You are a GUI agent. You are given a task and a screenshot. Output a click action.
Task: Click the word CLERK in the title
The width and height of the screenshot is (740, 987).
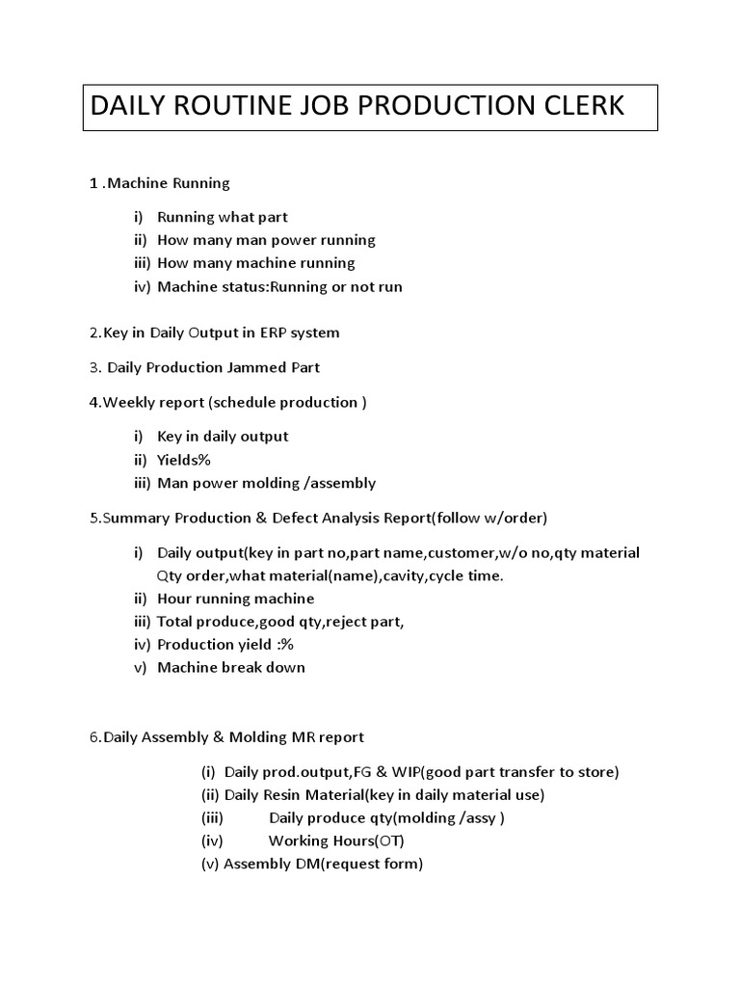578,106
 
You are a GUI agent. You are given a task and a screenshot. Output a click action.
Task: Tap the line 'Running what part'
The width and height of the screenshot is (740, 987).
222,217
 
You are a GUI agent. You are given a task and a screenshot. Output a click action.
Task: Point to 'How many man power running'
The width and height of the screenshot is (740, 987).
266,240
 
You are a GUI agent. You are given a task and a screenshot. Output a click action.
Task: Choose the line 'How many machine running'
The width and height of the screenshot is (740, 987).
255,263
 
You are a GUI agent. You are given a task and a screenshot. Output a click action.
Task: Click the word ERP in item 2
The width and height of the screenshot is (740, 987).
273,333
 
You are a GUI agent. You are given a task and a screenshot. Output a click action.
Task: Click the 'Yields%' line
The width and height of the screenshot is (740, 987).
183,460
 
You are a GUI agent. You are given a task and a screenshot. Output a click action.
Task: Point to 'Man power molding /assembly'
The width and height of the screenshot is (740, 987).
266,483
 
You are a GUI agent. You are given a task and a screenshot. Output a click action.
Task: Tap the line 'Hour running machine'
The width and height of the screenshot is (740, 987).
235,599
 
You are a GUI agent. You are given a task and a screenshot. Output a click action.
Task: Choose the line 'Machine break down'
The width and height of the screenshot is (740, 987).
230,668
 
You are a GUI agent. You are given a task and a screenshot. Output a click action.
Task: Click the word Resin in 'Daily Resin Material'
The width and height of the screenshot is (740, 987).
288,795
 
